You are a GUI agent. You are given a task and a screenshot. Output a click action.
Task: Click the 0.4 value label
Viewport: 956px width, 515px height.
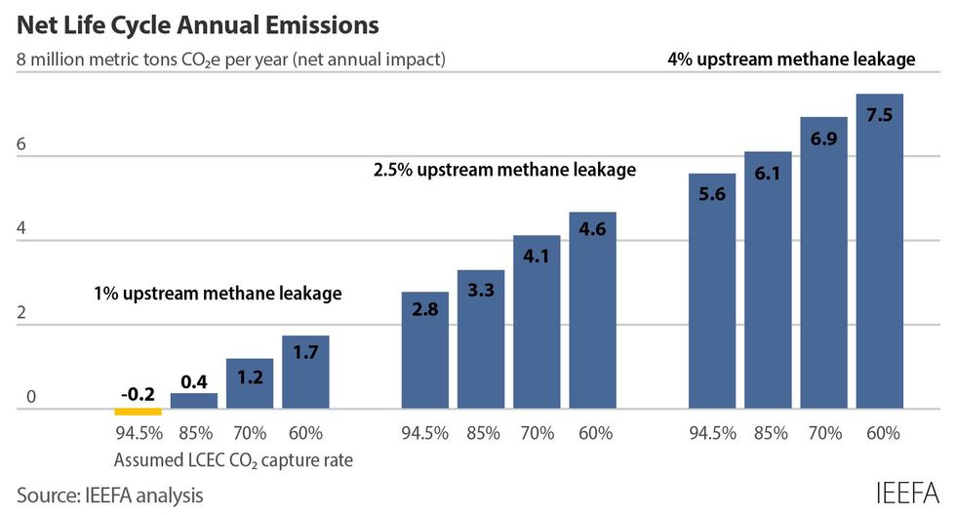194,378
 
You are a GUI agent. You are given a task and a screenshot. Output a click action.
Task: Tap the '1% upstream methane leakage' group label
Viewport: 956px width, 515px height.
218,293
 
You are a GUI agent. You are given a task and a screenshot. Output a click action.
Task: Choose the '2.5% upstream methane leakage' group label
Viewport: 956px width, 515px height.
504,170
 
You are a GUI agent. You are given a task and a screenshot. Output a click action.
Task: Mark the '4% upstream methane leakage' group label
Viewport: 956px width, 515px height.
791,59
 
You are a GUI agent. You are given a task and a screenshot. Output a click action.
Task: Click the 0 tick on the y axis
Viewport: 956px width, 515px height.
31,397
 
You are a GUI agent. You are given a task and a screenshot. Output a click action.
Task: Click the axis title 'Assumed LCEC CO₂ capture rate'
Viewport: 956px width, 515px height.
233,459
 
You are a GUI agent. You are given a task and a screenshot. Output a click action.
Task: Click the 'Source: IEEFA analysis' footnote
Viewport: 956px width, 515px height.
110,495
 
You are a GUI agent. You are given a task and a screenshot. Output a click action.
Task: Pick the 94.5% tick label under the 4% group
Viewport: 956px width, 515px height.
712,433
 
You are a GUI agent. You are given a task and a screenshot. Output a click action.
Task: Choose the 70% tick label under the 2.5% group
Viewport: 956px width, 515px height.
537,433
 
